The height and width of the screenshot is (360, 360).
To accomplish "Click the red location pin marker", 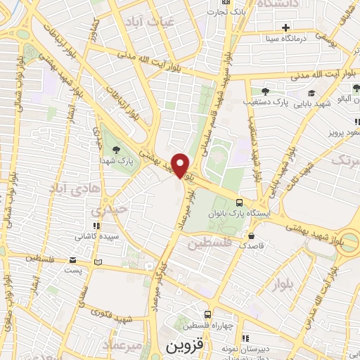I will (x=181, y=165).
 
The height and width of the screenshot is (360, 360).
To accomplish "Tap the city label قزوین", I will (x=184, y=347).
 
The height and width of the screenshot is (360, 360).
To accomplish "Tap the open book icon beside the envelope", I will (x=98, y=262).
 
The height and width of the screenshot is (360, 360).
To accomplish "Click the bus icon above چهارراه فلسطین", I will (x=208, y=314).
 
